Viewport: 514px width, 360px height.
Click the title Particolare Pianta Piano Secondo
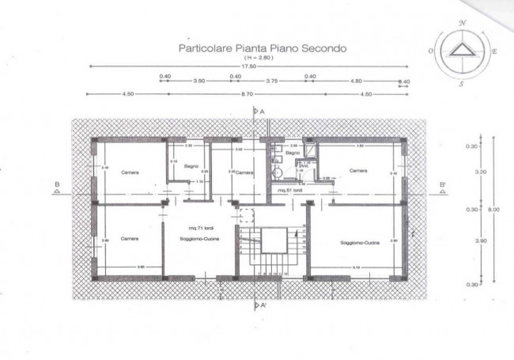click(251, 47)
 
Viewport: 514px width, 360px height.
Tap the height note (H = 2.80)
click(251, 57)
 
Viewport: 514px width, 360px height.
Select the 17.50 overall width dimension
click(250, 66)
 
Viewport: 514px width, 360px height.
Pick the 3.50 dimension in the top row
click(199, 81)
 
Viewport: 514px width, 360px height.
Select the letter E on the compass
click(494, 51)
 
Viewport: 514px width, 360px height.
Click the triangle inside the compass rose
click(459, 51)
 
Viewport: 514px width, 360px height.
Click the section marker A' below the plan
click(261, 303)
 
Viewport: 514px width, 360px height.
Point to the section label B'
click(443, 187)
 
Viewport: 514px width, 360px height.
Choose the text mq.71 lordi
click(192, 226)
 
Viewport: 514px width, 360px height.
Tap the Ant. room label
click(303, 165)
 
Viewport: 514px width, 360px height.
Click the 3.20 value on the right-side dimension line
click(472, 172)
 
